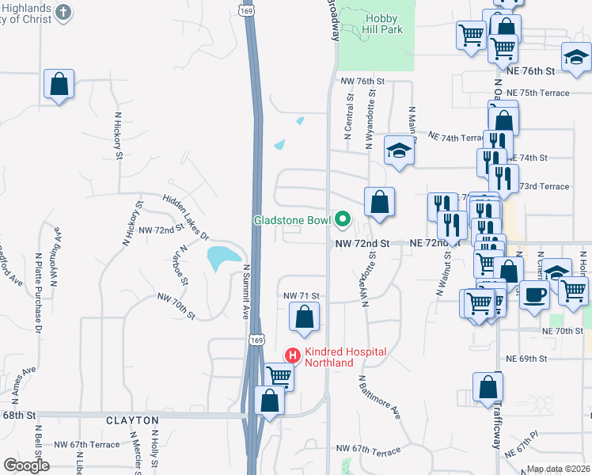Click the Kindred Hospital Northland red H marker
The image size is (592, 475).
(292, 356)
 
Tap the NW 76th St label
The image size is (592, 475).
(362, 82)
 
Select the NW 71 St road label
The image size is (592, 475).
(301, 295)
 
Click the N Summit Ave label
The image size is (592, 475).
(247, 292)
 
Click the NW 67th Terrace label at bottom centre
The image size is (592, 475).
(368, 450)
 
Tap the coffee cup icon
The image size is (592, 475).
(533, 294)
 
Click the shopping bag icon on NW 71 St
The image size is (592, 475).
(304, 317)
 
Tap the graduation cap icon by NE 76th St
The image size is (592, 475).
(576, 56)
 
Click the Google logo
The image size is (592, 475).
(26, 465)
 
